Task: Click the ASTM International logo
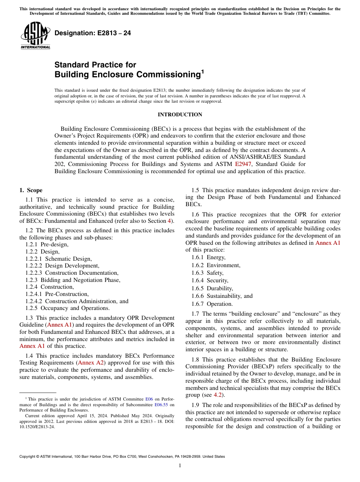(x=35, y=35)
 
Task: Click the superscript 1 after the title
(x=202, y=71)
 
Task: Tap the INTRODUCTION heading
(x=180, y=114)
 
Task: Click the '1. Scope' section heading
(x=31, y=190)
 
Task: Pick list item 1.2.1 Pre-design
(x=47, y=244)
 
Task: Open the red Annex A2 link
(x=91, y=363)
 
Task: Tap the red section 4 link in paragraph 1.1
(x=169, y=221)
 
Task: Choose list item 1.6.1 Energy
(x=208, y=258)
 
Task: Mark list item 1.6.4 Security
(x=210, y=280)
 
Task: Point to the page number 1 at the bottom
(x=180, y=466)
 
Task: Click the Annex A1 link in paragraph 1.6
(x=328, y=243)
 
